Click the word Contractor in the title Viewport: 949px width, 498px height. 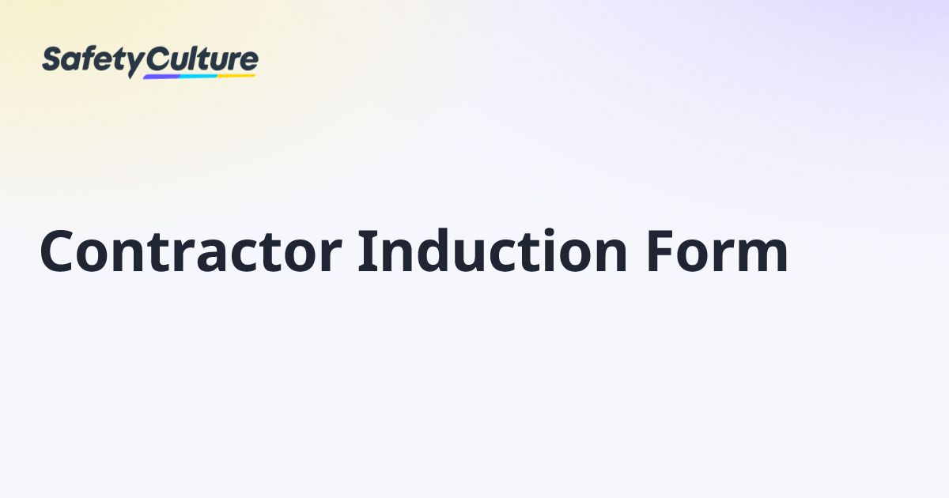pos(190,251)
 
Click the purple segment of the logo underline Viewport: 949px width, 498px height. pos(162,76)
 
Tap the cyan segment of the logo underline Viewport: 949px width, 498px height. pos(198,76)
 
